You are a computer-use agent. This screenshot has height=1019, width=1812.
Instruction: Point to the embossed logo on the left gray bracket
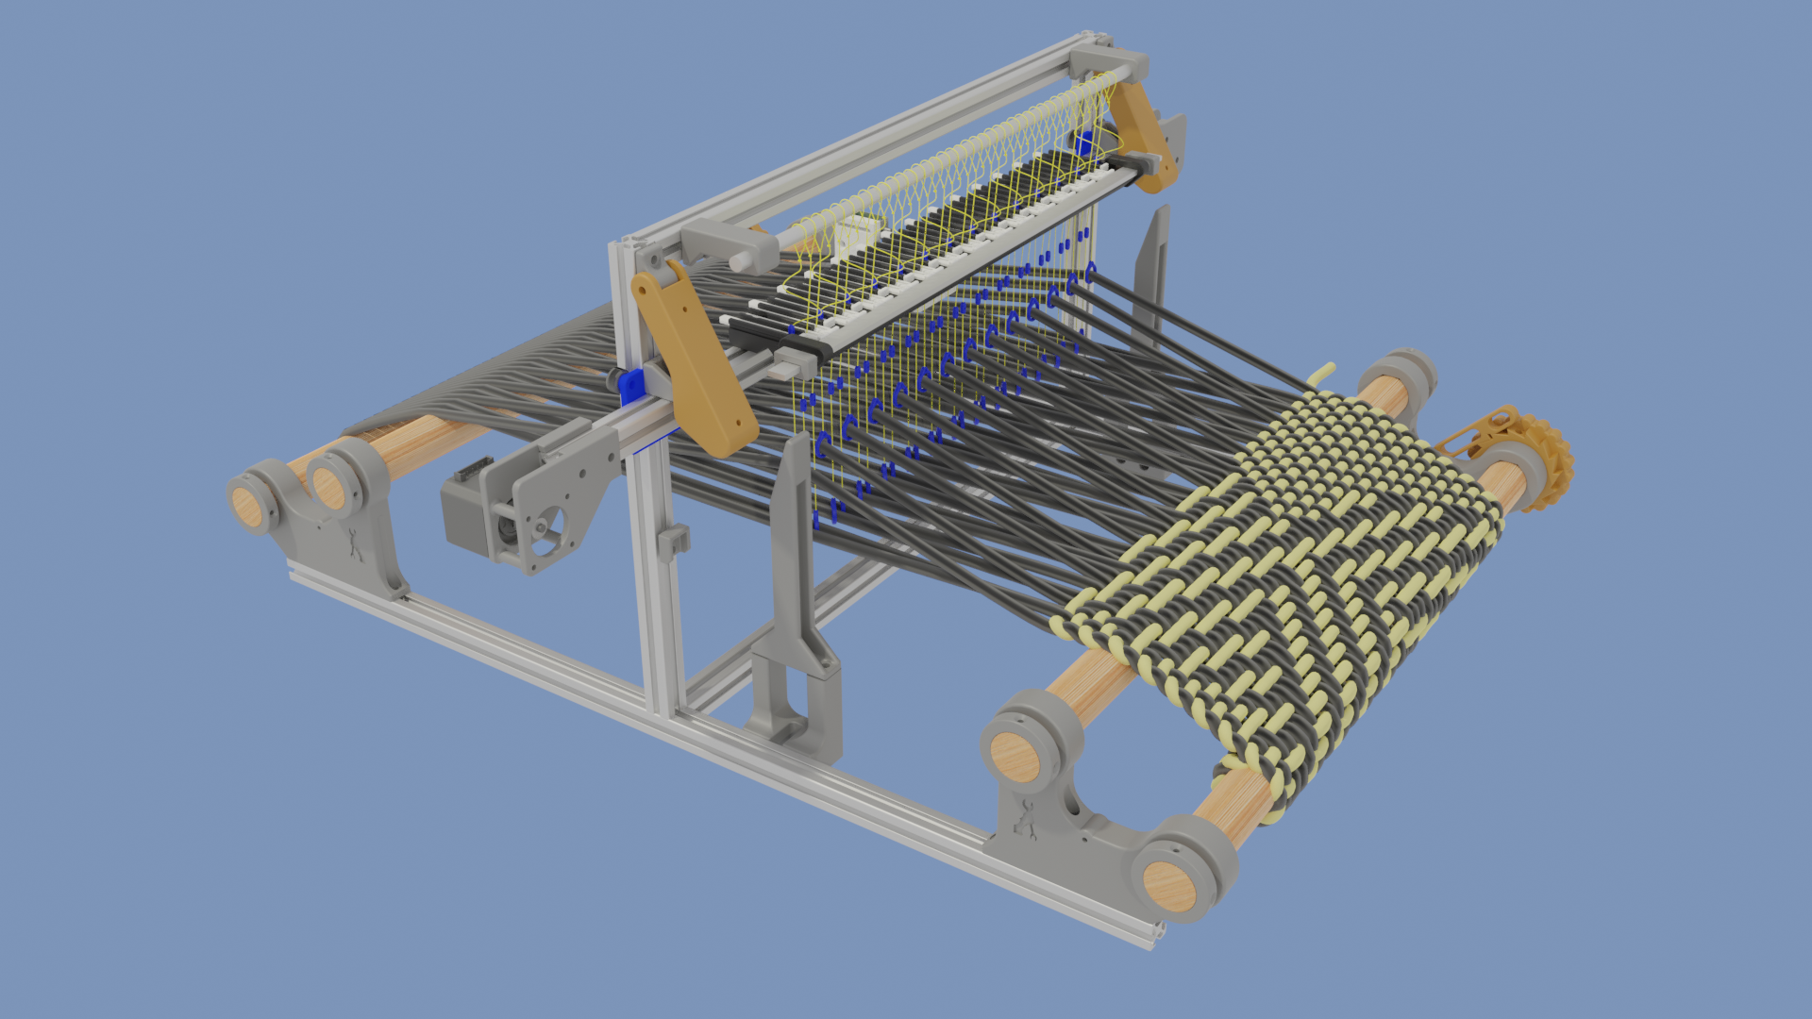click(x=355, y=545)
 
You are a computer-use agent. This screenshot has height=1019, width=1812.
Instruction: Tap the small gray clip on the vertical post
click(x=673, y=542)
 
